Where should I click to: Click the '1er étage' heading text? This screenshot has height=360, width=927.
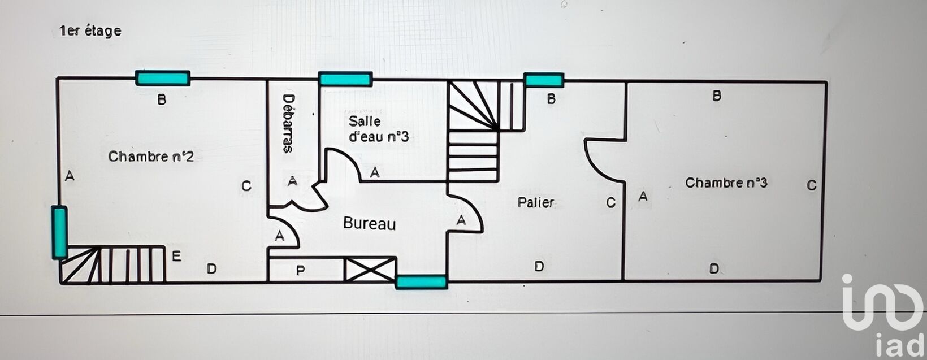[90, 31]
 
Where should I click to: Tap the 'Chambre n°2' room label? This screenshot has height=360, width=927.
[151, 157]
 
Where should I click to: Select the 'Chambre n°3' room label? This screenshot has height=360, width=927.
[726, 183]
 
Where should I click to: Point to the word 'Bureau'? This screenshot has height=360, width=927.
[370, 224]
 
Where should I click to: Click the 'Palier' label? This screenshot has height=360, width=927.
[536, 202]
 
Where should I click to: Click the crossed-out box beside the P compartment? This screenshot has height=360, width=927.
[370, 269]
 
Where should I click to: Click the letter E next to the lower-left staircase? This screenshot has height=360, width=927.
[176, 257]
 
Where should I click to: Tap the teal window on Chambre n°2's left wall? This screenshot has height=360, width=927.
[59, 233]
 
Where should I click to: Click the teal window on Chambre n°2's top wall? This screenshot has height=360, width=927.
[163, 78]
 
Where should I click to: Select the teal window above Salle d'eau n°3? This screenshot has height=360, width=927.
[345, 79]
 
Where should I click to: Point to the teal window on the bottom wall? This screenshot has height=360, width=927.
[422, 281]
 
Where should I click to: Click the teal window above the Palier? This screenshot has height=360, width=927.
[544, 80]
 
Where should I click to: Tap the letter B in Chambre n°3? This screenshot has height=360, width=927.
[717, 96]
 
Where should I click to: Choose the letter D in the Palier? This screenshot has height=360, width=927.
[539, 266]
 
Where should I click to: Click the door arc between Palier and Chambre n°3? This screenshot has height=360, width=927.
[604, 159]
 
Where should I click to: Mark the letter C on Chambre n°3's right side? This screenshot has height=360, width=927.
[812, 185]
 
